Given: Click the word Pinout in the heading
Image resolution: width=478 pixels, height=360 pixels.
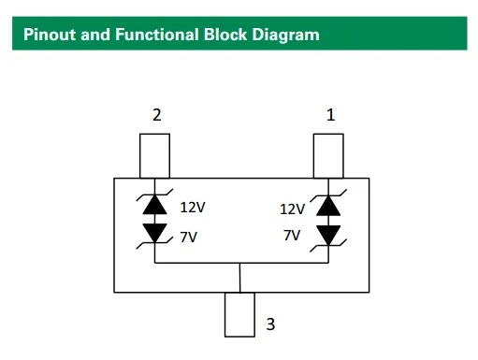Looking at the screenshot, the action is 50,35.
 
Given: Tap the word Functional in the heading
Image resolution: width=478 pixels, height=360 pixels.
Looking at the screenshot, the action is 157,35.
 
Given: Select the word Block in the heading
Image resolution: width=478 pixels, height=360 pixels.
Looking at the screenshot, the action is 225,35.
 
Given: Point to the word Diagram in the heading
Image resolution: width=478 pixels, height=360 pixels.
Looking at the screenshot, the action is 286,36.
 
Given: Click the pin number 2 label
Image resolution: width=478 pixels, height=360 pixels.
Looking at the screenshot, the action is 157,115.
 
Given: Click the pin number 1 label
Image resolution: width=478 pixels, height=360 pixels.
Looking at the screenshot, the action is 331,115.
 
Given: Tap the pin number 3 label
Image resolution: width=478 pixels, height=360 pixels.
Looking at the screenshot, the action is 270,324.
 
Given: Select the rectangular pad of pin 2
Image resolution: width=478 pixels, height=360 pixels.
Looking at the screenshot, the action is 154,156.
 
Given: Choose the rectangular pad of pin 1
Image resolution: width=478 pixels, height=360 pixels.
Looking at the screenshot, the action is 328,156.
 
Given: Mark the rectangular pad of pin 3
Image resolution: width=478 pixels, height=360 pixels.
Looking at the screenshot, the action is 239,314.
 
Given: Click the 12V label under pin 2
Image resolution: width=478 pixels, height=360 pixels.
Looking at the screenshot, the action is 193,208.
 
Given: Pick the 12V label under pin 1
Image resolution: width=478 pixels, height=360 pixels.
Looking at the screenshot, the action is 292,209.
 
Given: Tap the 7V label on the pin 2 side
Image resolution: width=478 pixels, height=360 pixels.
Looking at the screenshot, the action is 189,238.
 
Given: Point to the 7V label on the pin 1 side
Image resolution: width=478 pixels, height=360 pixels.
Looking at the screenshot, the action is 292,235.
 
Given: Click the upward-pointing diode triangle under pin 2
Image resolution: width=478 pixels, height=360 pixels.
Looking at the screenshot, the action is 154,205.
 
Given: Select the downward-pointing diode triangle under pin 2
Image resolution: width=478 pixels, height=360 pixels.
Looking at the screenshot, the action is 154,233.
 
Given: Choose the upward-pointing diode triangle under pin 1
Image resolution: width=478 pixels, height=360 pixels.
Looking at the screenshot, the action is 328,206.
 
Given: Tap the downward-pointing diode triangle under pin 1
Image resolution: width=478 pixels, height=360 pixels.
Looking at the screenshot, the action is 328,236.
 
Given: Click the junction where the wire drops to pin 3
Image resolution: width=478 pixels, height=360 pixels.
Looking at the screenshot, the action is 239,263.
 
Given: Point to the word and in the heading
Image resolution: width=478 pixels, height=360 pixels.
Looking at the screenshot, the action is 95,35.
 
